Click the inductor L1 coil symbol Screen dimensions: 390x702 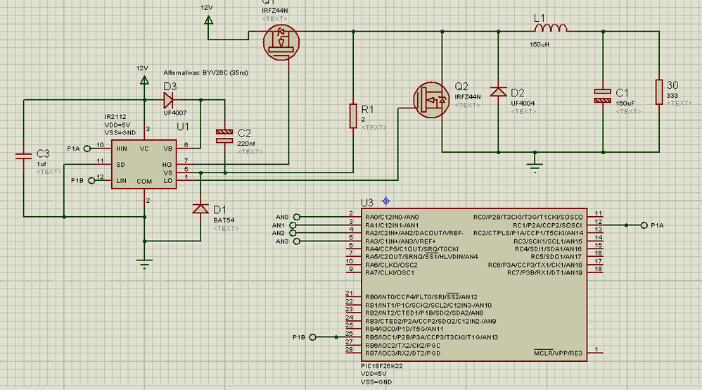551,30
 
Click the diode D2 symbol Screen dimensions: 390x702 498,92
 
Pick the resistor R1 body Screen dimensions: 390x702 352,115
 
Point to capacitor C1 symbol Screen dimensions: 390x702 603,96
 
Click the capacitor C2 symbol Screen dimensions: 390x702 224,136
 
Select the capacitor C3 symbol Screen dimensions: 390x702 24,153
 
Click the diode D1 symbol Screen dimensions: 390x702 200,208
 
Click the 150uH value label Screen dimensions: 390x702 540,44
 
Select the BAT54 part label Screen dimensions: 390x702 223,220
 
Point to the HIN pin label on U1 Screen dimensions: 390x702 121,149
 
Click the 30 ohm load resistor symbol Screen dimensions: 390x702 659,92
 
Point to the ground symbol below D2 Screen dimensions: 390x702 535,168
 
